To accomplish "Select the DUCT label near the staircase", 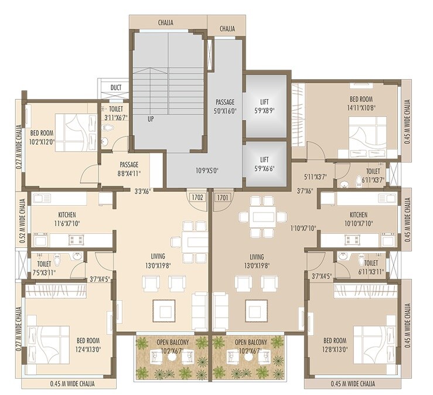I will tap(116, 88).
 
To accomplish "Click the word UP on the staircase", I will tap(151, 118).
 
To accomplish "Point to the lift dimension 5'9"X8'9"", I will tap(265, 110).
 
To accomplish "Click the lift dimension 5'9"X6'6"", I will tap(265, 168).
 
